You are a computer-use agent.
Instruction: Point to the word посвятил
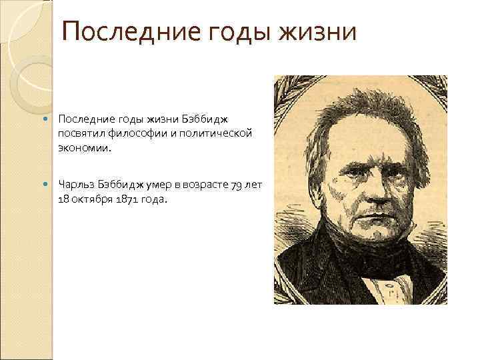click(x=79, y=134)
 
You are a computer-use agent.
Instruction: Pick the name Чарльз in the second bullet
click(x=75, y=183)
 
